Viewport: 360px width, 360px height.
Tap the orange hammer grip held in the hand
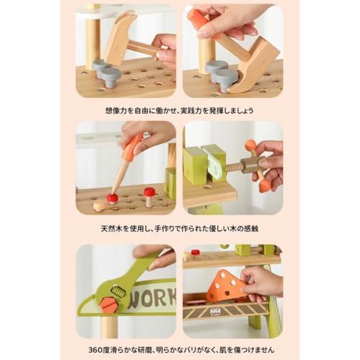(200, 19)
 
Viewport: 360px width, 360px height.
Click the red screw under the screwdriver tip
(112, 198)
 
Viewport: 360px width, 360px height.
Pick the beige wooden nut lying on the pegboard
(100, 207)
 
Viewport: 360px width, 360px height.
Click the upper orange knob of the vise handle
(251, 145)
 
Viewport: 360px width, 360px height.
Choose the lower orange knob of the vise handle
(264, 186)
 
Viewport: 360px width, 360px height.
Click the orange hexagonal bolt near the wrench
(110, 305)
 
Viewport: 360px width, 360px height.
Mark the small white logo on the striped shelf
(215, 311)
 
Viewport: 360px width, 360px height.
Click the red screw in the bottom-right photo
(195, 253)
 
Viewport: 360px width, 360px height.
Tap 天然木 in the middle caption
(111, 228)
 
